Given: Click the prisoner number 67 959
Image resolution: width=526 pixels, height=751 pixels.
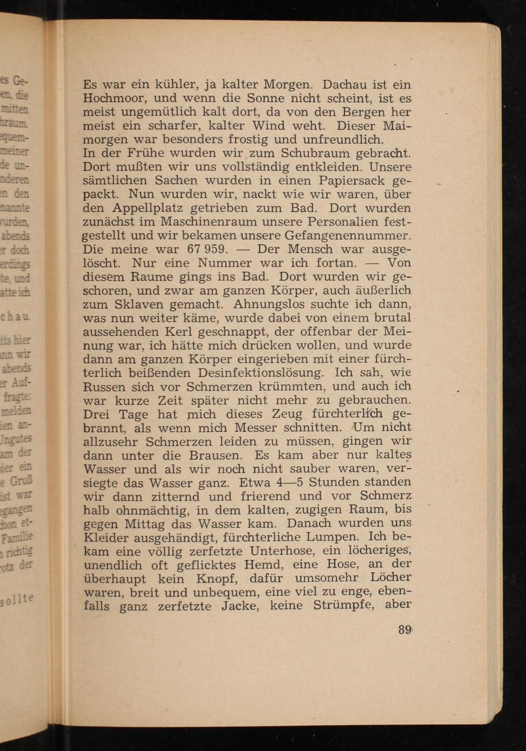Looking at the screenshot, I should [207, 249].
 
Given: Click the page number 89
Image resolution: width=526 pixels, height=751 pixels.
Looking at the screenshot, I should [404, 630].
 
